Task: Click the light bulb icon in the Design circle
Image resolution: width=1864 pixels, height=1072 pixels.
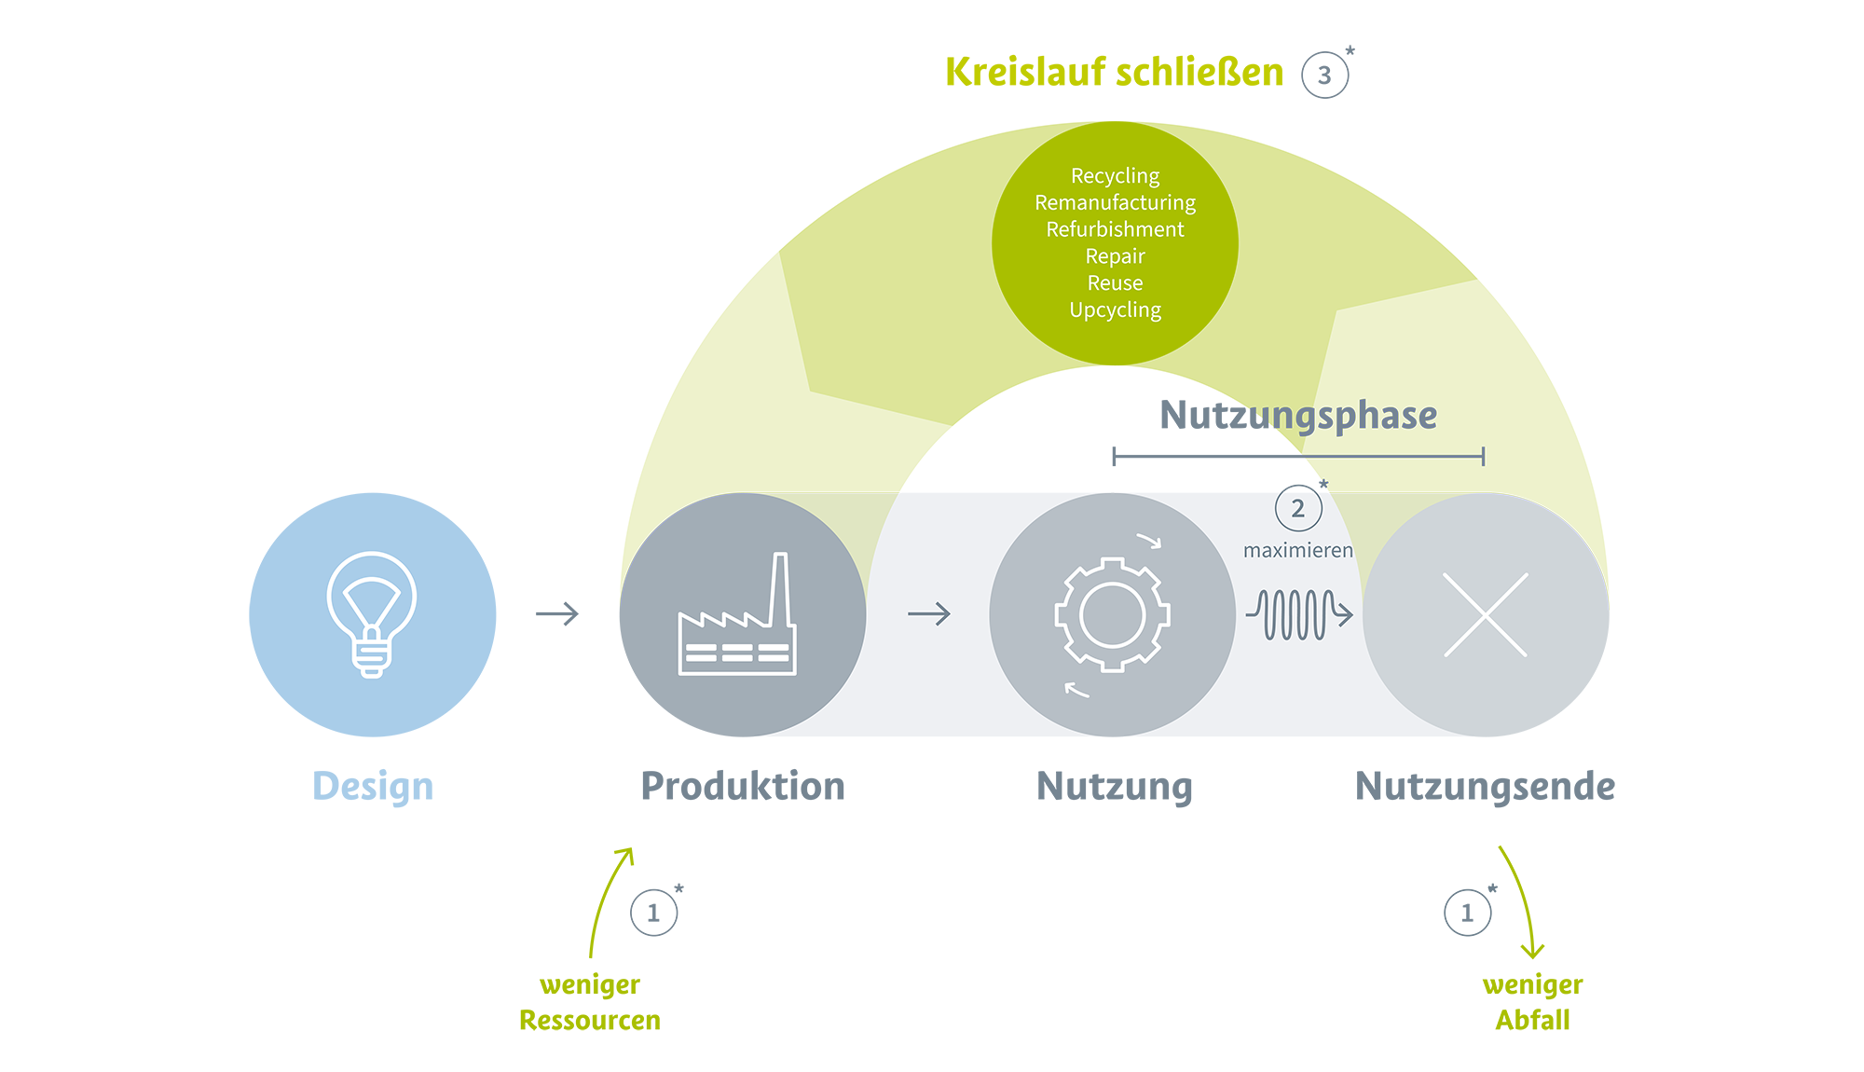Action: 372,614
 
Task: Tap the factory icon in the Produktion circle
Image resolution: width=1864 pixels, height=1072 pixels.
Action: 737,614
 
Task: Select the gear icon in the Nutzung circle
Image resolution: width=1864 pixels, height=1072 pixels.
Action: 1112,614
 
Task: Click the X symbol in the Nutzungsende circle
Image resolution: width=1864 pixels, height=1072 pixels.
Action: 1486,614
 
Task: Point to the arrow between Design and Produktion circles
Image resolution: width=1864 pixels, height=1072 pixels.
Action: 557,613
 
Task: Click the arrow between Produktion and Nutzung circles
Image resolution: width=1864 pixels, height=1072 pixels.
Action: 929,613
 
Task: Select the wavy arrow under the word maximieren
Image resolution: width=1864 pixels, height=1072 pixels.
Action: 1299,614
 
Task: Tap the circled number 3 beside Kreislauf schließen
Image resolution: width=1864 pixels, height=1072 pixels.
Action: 1324,76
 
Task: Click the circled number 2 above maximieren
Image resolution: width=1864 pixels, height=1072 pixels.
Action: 1298,509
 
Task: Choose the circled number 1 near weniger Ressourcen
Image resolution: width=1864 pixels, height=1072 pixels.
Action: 653,913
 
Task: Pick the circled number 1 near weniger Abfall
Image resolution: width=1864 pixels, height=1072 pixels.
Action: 1468,913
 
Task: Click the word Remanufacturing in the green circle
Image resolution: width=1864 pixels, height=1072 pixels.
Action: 1115,203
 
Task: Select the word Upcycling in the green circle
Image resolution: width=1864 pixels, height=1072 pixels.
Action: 1115,310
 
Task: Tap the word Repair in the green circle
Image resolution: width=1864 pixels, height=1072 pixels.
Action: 1115,256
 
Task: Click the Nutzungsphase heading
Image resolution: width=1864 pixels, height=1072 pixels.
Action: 1298,416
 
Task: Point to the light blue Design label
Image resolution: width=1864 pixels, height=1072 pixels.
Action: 373,787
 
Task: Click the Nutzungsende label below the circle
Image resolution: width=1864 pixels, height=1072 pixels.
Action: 1485,787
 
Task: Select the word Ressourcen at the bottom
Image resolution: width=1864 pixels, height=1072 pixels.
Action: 590,1021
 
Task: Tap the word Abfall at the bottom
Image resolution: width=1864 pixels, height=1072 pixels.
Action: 1532,1021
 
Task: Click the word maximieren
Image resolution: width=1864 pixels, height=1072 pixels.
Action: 1298,551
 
